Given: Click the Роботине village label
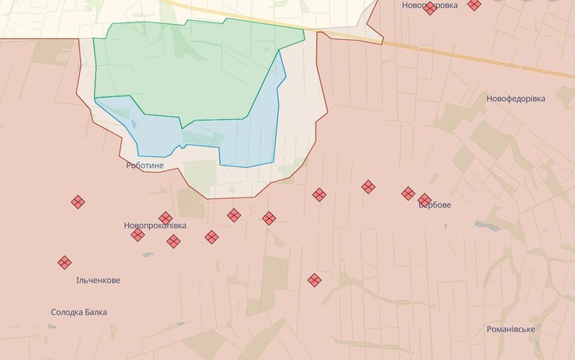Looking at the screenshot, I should (145, 166).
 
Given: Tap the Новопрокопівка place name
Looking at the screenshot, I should (155, 225).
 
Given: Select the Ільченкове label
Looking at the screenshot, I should (98, 280).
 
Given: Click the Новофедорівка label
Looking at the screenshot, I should (516, 99).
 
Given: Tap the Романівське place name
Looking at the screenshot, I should (511, 329).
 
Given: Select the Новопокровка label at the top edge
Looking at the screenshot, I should (430, 5).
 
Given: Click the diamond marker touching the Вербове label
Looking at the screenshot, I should (424, 200).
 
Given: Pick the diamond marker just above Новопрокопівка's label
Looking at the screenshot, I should (166, 218).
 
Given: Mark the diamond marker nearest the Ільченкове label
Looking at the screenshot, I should (64, 263).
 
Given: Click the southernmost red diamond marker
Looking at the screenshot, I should (314, 280).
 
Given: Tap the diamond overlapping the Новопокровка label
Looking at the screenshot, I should (430, 9).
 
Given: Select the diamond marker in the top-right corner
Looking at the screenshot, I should (474, 5).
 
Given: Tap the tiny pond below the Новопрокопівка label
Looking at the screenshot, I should (148, 254).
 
